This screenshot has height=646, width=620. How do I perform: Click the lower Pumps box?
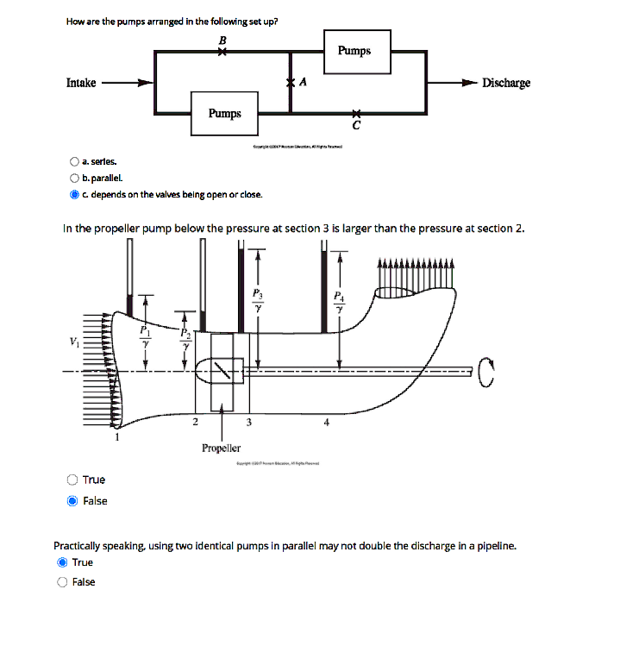click(225, 114)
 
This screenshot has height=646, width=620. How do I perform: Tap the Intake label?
click(81, 83)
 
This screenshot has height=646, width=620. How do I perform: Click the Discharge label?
click(506, 83)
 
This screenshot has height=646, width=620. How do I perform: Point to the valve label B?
click(222, 40)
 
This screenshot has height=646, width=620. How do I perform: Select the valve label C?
click(355, 127)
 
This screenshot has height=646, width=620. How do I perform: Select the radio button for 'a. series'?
click(75, 161)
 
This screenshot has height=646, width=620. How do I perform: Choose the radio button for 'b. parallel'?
click(75, 178)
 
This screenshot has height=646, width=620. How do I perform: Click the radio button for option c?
click(75, 194)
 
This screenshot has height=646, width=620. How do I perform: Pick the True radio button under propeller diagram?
click(73, 480)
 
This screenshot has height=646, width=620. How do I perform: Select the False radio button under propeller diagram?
click(73, 501)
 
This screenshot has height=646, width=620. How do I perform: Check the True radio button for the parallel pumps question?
click(61, 562)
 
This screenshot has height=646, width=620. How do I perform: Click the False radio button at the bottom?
click(61, 582)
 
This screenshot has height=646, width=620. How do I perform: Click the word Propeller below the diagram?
click(222, 448)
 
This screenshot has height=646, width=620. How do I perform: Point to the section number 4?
click(326, 422)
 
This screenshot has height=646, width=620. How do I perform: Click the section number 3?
click(248, 422)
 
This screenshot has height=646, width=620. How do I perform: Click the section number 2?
click(195, 422)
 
